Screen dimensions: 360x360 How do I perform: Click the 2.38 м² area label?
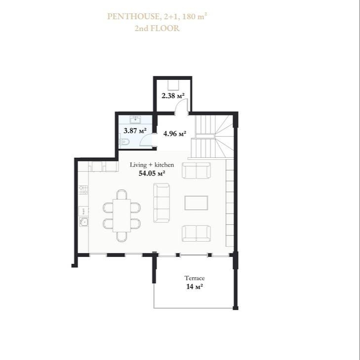click(173, 96)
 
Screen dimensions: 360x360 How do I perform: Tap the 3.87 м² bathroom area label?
click(135, 131)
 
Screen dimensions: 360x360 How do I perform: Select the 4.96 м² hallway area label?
click(175, 133)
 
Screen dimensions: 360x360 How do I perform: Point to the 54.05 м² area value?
click(152, 173)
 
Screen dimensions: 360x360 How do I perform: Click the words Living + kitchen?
click(152, 165)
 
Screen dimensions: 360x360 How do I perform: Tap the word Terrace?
click(195, 278)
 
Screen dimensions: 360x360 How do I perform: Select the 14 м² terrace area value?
click(195, 287)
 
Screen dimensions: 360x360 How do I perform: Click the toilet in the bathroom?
click(124, 142)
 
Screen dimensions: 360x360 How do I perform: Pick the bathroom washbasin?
click(135, 120)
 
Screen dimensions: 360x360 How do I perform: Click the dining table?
click(121, 216)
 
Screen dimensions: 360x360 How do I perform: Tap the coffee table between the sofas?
click(197, 203)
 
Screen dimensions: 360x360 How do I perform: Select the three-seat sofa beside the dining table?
click(161, 203)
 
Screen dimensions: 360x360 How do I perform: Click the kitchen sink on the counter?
click(83, 222)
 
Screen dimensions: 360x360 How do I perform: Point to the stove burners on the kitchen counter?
click(83, 190)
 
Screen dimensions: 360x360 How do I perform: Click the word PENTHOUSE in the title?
click(133, 17)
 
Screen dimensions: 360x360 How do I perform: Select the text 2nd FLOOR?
click(157, 28)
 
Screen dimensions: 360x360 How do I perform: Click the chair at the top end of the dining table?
click(121, 194)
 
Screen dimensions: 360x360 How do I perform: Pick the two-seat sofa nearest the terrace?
click(197, 233)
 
